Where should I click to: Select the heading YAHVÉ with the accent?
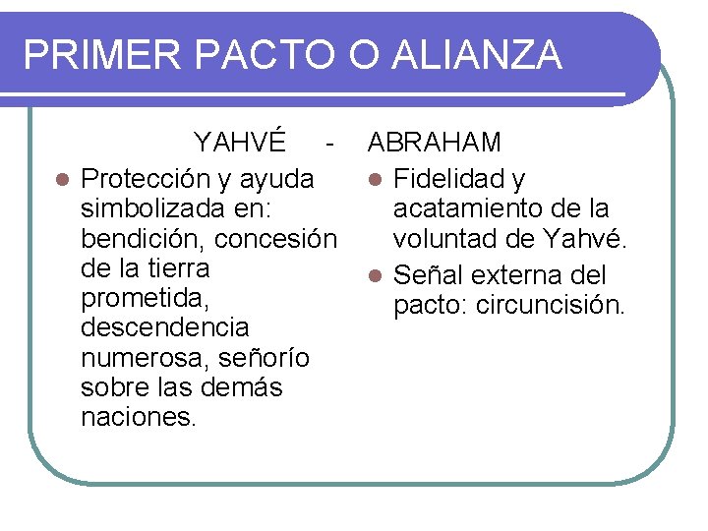pyautogui.click(x=240, y=143)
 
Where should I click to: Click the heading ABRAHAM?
pyautogui.click(x=435, y=143)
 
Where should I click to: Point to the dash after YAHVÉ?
pyautogui.click(x=329, y=143)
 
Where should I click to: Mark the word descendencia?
pyautogui.click(x=165, y=326)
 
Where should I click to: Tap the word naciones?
pyautogui.click(x=139, y=416)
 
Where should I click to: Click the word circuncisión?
pyautogui.click(x=550, y=305)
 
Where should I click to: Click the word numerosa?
pyautogui.click(x=140, y=356)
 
